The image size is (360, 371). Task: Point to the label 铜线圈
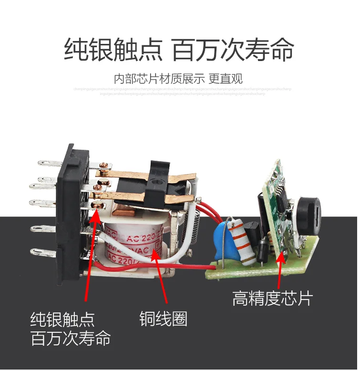[163, 318]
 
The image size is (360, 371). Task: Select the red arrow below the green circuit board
[281, 269]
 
